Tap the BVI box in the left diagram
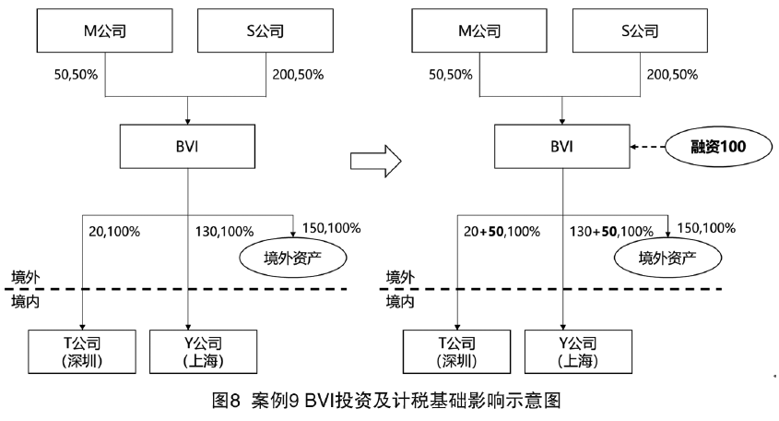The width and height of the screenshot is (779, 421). pos(188,146)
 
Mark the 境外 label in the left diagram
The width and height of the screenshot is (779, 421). pos(26,277)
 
